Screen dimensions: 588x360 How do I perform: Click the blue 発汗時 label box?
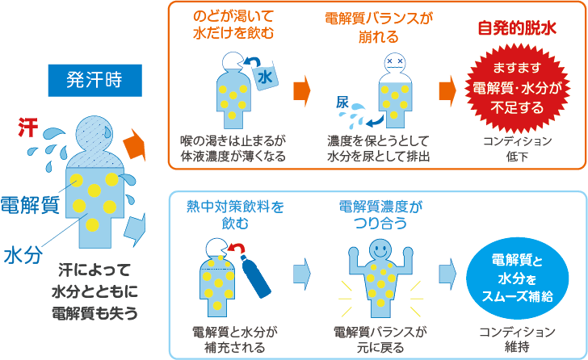94,80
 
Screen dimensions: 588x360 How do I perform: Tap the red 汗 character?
28,128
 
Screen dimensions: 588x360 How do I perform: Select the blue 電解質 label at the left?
30,204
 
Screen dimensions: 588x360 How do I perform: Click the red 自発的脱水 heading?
517,28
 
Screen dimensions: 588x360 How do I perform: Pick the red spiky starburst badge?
518,88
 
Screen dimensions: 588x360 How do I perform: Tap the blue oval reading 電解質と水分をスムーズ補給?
518,278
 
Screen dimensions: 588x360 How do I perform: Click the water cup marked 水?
266,77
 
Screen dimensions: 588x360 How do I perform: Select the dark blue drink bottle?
256,276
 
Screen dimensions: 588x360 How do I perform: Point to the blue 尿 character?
342,103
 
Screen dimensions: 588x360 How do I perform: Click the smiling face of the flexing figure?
380,250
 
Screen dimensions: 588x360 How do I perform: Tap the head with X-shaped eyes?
395,63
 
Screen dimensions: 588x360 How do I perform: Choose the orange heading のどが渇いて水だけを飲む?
233,25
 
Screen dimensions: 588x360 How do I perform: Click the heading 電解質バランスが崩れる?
378,27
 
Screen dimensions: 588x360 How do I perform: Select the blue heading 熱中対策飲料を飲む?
235,215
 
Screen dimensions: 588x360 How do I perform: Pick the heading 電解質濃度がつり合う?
380,215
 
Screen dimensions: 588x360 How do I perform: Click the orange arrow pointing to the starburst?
447,91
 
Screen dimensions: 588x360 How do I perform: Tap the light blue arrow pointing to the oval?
447,274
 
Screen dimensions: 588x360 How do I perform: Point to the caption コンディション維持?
517,339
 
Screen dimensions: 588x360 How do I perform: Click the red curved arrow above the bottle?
237,249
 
